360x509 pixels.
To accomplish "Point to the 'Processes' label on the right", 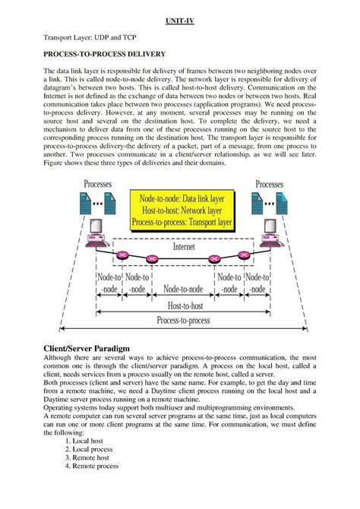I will [x=269, y=185].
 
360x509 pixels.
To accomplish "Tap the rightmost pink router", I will [x=243, y=256].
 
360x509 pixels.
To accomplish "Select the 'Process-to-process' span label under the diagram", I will [x=183, y=321].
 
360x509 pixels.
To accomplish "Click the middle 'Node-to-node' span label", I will [x=183, y=288].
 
